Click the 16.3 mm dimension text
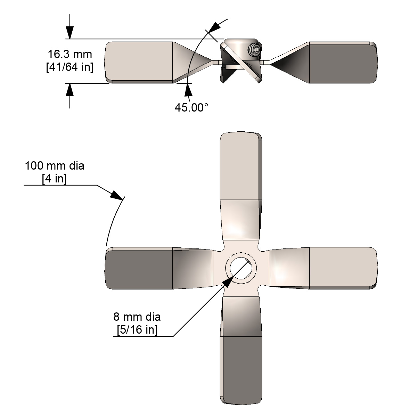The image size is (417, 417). click(x=70, y=54)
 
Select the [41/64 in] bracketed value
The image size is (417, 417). click(x=70, y=67)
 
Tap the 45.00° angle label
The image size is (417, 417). click(x=191, y=108)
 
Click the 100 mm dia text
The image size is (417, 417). click(x=55, y=166)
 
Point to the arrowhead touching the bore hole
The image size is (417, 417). click(x=226, y=282)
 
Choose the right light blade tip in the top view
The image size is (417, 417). click(x=342, y=268)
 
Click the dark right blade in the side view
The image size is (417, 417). click(x=342, y=63)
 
